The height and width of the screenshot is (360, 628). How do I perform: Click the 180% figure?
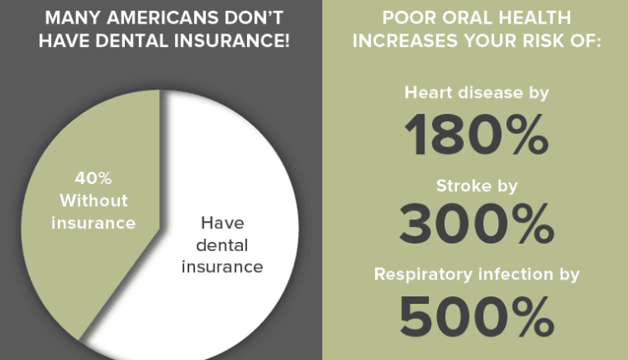coord(477,136)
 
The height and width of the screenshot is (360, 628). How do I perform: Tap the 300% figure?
coord(477,224)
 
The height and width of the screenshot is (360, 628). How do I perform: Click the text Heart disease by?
coord(476,93)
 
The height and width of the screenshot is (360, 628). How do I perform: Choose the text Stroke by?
coord(476,186)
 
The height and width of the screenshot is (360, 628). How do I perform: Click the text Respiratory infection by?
coord(476,274)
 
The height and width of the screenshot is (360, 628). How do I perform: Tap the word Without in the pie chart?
coord(94,202)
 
